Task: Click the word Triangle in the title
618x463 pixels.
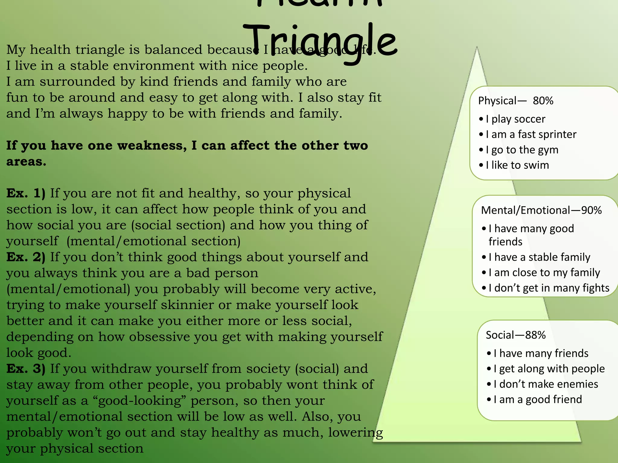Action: pyautogui.click(x=320, y=42)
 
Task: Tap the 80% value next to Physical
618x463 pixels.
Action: pyautogui.click(x=543, y=101)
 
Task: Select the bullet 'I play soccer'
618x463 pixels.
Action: pyautogui.click(x=515, y=119)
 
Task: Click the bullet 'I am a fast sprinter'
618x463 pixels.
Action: pyautogui.click(x=531, y=134)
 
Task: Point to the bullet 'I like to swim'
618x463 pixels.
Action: pyautogui.click(x=517, y=165)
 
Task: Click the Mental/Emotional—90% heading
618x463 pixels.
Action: pyautogui.click(x=541, y=210)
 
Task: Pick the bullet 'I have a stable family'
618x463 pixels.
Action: pyautogui.click(x=539, y=257)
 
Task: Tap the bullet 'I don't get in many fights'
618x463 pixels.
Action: pyautogui.click(x=549, y=288)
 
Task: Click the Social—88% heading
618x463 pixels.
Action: pyautogui.click(x=515, y=335)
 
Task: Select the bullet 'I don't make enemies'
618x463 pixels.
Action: pyautogui.click(x=546, y=384)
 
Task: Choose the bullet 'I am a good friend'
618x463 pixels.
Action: pyautogui.click(x=537, y=399)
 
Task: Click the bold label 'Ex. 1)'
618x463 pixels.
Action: pyautogui.click(x=26, y=193)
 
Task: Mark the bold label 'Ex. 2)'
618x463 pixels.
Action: pyautogui.click(x=26, y=257)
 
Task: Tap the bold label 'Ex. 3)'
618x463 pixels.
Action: pyautogui.click(x=26, y=369)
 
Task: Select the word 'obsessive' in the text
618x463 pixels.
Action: pyautogui.click(x=159, y=337)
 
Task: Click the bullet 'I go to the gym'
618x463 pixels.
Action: pyautogui.click(x=522, y=150)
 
